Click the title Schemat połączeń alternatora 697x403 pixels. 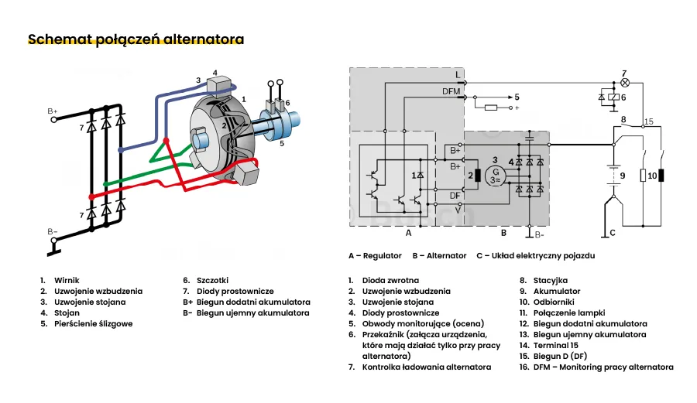click(x=136, y=39)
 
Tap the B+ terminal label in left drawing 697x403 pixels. click(x=53, y=111)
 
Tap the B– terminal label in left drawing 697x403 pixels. click(x=53, y=231)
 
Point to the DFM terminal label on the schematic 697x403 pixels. click(x=451, y=91)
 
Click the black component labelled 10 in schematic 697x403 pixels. click(x=662, y=176)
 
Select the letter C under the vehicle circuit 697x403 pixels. click(x=612, y=232)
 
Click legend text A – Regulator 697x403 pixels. click(x=375, y=255)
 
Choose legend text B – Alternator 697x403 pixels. click(x=439, y=255)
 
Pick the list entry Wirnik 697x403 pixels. click(x=67, y=280)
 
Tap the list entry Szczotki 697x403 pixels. click(x=213, y=280)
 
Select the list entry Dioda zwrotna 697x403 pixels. click(x=390, y=280)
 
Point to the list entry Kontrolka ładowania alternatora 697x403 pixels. click(x=426, y=367)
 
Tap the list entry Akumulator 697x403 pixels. click(x=556, y=291)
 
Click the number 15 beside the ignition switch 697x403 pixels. click(x=649, y=121)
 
